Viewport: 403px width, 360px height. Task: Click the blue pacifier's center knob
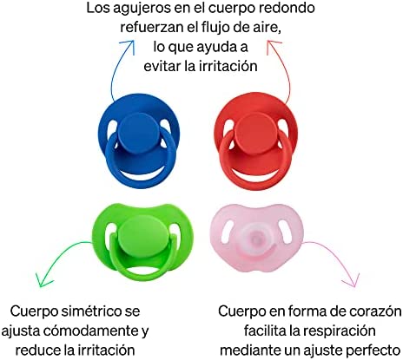point(139,131)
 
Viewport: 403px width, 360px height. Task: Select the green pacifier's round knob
point(140,233)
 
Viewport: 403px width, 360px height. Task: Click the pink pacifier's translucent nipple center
point(256,239)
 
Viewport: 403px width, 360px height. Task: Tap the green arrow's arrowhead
point(43,280)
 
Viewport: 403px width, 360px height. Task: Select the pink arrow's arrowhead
point(351,280)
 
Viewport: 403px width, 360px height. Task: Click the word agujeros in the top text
point(142,9)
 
